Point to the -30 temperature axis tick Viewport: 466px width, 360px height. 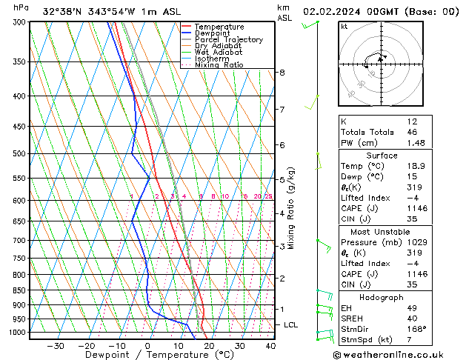click(55, 345)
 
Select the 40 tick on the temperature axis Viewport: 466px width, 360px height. click(270, 345)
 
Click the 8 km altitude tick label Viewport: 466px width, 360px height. click(282, 73)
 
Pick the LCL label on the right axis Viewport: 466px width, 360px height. click(291, 324)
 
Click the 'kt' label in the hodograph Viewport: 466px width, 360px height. click(344, 27)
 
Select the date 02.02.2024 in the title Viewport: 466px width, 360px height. click(334, 12)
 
